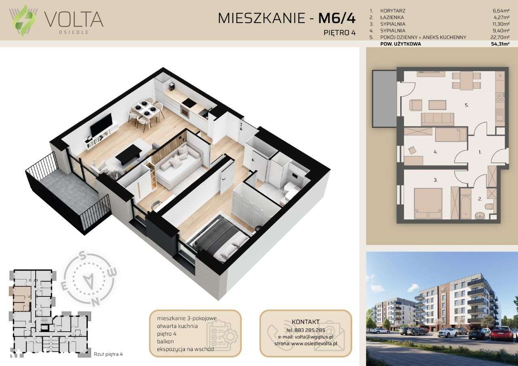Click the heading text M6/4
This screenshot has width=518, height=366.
[337, 18]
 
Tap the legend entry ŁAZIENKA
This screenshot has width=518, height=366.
[392, 17]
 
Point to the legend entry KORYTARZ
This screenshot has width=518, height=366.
[392, 11]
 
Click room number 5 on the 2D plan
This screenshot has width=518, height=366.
[467, 106]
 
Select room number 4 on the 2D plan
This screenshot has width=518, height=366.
[435, 152]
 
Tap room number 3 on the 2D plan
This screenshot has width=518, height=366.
[435, 180]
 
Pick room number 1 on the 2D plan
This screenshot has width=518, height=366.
[480, 152]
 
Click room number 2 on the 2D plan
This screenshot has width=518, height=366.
[480, 199]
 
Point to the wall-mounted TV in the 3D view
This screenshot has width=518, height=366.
[101, 125]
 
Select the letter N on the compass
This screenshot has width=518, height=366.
[95, 301]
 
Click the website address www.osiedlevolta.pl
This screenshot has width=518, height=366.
[314, 343]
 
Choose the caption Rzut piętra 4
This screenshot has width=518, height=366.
[108, 354]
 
